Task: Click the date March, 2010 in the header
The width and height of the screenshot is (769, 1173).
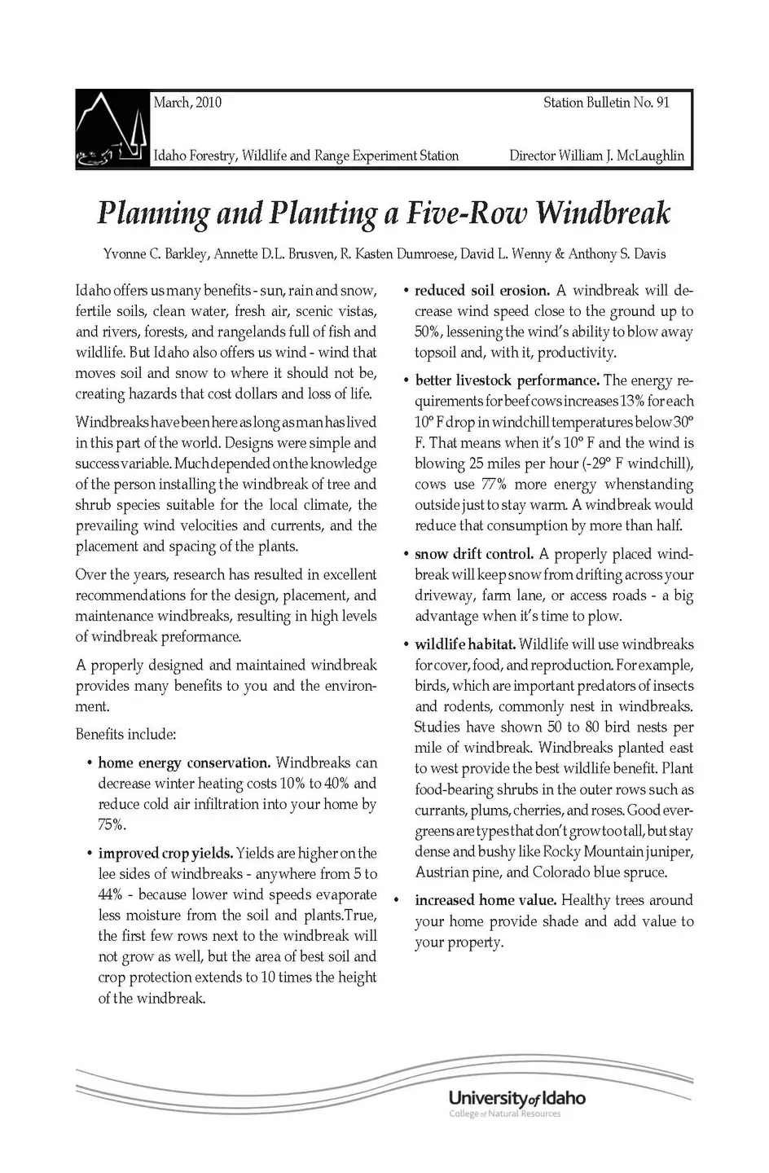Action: [187, 103]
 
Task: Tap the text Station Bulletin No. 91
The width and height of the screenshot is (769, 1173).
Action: [606, 103]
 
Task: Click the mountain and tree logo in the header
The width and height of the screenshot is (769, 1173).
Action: [112, 130]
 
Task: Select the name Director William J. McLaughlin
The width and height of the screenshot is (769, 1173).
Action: [596, 156]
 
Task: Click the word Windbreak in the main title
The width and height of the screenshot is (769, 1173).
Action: [604, 213]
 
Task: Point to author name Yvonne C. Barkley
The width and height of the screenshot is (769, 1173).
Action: [156, 254]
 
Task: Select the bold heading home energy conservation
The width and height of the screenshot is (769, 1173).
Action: [184, 763]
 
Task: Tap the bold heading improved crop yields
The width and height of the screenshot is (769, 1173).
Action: [166, 854]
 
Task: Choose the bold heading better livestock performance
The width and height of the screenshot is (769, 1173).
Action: [507, 380]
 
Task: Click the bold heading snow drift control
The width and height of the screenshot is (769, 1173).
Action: [474, 554]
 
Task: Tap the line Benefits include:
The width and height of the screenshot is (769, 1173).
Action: [125, 735]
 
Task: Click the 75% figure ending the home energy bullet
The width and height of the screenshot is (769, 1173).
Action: [111, 824]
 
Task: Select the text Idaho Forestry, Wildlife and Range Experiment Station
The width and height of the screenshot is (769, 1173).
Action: [306, 156]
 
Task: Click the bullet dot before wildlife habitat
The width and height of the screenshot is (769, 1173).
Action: [406, 645]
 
